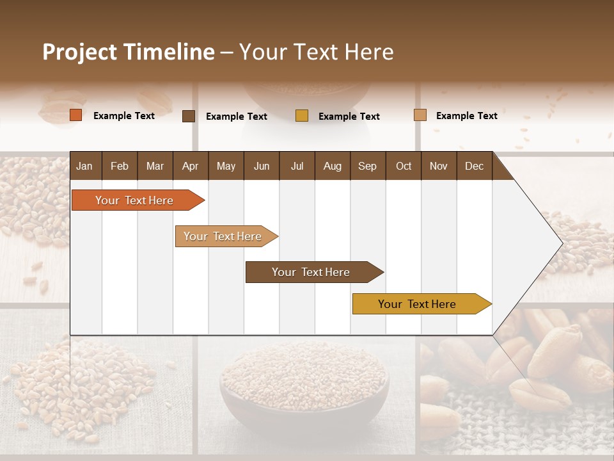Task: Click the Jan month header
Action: tap(84, 166)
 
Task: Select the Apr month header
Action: tap(190, 166)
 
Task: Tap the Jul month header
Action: tap(297, 166)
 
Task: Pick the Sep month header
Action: tap(367, 166)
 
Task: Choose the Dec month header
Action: tap(474, 166)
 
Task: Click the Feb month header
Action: tap(120, 166)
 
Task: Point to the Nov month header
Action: tap(438, 166)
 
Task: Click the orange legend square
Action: tap(75, 115)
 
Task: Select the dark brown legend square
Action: tap(189, 116)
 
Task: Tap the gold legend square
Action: tap(302, 115)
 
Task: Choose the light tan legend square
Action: tap(420, 115)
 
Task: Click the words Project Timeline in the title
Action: tap(128, 52)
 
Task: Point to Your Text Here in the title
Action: tap(317, 52)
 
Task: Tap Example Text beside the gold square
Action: tap(349, 116)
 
